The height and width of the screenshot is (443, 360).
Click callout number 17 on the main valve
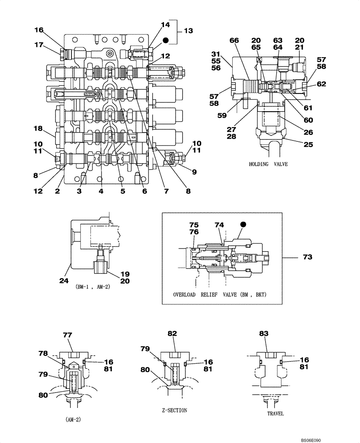(39, 44)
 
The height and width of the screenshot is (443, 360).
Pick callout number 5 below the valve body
(123, 191)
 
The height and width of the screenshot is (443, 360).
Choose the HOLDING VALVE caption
(268, 164)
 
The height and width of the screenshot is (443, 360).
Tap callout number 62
(321, 83)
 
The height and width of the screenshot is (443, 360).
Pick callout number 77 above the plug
(67, 335)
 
